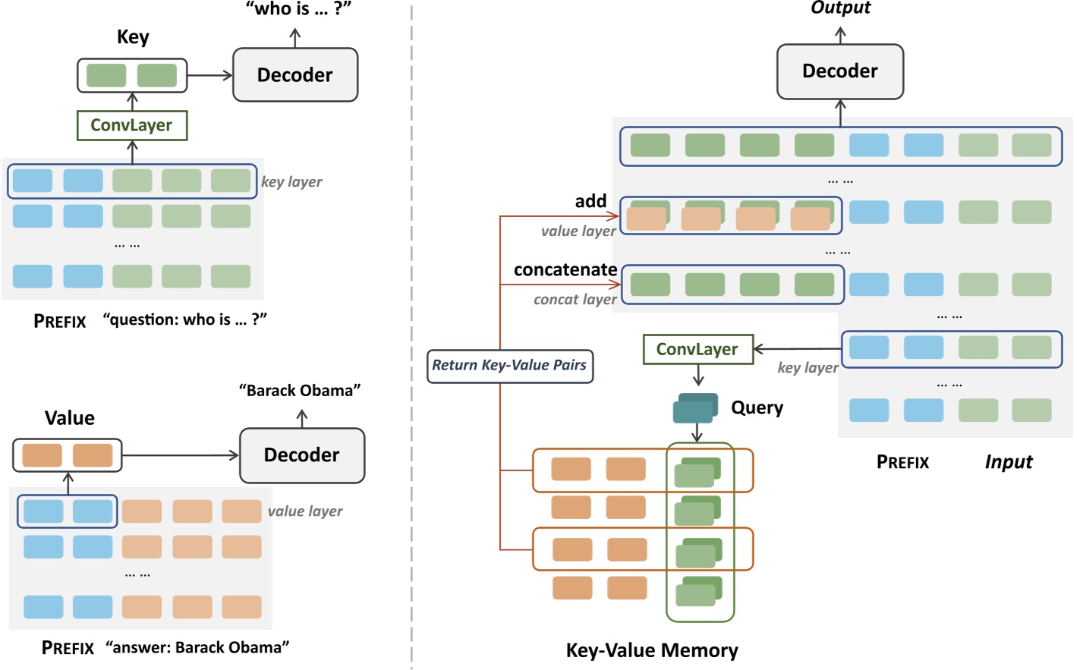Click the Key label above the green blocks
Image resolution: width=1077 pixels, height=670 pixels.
pos(133,37)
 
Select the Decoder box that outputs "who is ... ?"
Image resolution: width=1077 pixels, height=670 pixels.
pos(295,75)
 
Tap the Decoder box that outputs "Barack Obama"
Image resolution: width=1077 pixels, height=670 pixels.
pos(302,455)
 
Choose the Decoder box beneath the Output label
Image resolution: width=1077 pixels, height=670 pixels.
pos(840,71)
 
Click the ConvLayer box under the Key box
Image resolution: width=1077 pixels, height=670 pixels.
pos(132,125)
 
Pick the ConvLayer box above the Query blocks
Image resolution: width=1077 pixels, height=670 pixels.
pos(698,349)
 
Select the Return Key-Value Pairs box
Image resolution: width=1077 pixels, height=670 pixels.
pos(509,366)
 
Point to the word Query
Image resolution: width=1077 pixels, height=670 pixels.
pos(757,408)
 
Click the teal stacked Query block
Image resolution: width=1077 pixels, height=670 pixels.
pos(695,408)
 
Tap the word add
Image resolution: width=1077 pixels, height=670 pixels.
pos(590,201)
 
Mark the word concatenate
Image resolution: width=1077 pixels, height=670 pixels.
pos(565,270)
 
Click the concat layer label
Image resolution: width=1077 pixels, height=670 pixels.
pos(575,300)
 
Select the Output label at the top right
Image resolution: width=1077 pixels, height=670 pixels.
pos(840,8)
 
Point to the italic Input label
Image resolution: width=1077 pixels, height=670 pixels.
pos(1009,462)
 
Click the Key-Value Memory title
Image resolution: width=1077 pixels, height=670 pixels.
pos(652,650)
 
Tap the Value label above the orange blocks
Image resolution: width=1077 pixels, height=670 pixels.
pos(70,418)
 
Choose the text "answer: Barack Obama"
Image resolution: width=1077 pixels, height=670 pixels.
pos(197,648)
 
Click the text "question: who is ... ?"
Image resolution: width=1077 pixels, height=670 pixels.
pos(185,320)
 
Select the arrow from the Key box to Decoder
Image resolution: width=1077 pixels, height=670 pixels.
pos(209,75)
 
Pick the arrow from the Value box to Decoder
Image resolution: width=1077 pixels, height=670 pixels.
pos(181,455)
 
